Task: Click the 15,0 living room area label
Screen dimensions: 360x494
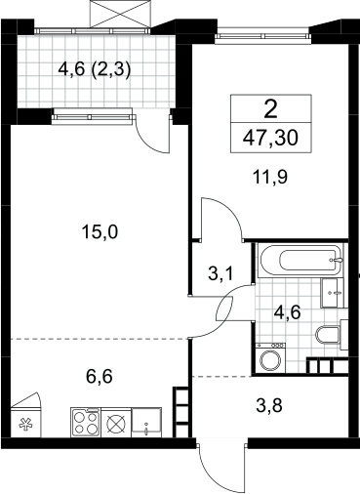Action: pos(100,232)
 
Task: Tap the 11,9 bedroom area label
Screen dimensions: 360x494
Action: pos(270,178)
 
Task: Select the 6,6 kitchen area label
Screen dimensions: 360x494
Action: pos(100,377)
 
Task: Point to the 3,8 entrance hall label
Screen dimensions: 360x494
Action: pos(269,406)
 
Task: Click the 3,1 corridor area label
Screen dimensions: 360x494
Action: pos(220,273)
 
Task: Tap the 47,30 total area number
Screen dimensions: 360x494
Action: pos(270,138)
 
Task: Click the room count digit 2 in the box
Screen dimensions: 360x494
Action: pos(271,109)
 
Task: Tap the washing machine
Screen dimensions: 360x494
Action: pos(270,357)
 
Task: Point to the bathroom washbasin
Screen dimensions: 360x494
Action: pos(332,293)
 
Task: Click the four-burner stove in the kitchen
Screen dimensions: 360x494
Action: pos(86,422)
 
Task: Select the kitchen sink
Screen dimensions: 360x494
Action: pos(146,422)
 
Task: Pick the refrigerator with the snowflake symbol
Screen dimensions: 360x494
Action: pos(26,422)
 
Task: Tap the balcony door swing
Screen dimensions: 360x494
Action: pos(153,133)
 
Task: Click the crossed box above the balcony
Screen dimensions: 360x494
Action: pos(120,13)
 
